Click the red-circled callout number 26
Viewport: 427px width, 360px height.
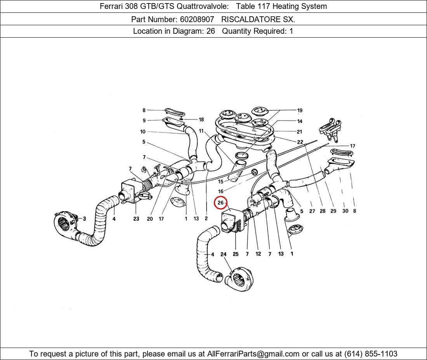click(220, 203)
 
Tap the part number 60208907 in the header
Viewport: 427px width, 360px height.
click(197, 19)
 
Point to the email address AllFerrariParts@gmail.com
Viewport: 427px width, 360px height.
click(253, 354)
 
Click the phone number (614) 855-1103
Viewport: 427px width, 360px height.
click(371, 354)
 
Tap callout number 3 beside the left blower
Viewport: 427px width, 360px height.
click(84, 218)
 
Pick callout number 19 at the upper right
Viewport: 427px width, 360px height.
click(300, 111)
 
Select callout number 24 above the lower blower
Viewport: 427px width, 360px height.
click(223, 254)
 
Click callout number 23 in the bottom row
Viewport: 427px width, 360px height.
click(136, 218)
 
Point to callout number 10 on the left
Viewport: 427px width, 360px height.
click(143, 132)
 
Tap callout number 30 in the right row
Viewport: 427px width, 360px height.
click(345, 211)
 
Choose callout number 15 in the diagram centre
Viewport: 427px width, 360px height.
click(220, 182)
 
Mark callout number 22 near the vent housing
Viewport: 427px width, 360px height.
click(300, 142)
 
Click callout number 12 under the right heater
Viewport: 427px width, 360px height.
click(258, 254)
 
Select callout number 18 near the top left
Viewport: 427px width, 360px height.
click(201, 119)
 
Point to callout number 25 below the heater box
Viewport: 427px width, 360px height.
click(236, 254)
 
